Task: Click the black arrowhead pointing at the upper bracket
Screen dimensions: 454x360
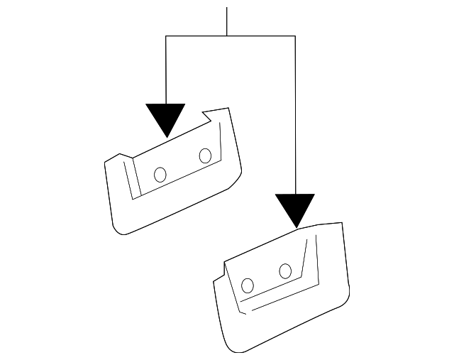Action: (165, 117)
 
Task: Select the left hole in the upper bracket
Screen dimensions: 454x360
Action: (160, 174)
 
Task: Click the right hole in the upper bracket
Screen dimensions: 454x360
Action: (206, 155)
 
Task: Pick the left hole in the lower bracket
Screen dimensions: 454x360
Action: (248, 285)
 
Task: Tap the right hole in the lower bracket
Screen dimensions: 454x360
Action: (285, 271)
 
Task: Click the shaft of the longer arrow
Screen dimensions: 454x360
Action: (295, 114)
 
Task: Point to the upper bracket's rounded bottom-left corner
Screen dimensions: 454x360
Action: (119, 229)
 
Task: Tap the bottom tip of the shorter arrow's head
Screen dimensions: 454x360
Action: (166, 136)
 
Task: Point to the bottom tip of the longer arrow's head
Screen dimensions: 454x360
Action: (295, 227)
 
